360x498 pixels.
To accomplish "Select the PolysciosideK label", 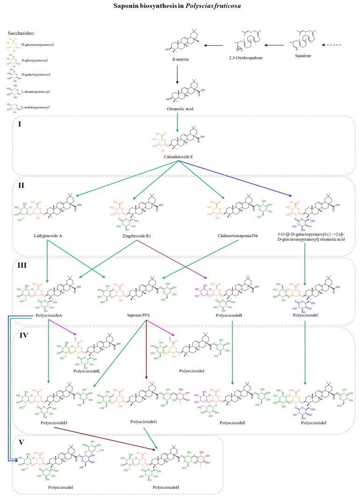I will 86,371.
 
